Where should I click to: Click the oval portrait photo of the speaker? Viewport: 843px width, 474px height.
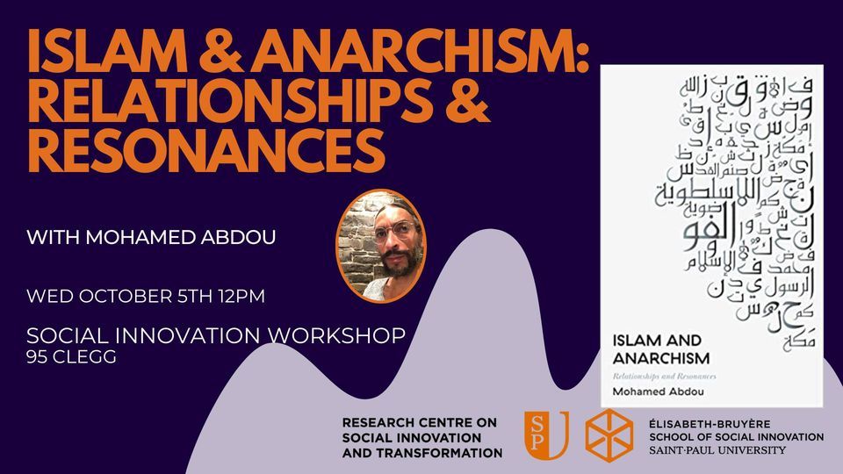pyautogui.click(x=380, y=247)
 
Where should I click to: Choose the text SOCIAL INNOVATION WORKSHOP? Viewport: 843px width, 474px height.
pyautogui.click(x=216, y=336)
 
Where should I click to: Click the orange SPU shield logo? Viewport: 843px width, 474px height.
pyautogui.click(x=546, y=434)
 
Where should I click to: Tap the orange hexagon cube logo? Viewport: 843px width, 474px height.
pyautogui.click(x=609, y=434)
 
